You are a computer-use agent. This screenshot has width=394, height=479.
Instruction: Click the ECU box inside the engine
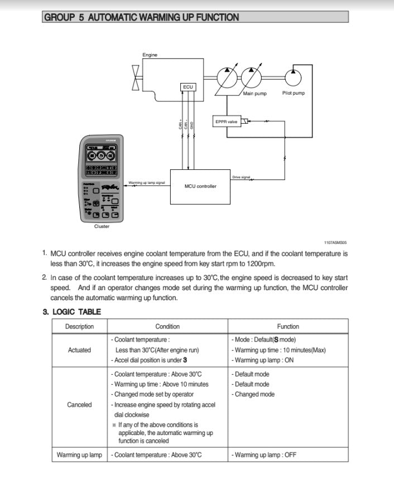click(x=188, y=87)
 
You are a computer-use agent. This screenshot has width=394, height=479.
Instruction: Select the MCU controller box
click(x=200, y=186)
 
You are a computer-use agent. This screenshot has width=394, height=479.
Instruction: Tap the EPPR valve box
click(x=227, y=121)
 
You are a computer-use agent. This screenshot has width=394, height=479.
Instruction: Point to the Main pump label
click(x=255, y=94)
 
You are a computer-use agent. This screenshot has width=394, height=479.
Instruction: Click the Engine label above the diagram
click(x=150, y=55)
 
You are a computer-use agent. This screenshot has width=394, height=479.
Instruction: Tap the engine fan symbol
click(x=136, y=77)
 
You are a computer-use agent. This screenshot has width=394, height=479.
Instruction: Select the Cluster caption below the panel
click(x=102, y=226)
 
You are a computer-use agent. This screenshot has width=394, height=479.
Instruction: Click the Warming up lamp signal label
click(x=146, y=183)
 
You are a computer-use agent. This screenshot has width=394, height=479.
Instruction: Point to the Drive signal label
click(x=241, y=177)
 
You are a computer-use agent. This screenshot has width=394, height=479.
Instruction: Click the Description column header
click(x=79, y=326)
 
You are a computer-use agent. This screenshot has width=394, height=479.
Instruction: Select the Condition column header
click(x=167, y=326)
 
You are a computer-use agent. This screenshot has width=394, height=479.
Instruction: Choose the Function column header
click(x=288, y=326)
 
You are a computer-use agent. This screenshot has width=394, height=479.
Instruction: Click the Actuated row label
click(x=79, y=350)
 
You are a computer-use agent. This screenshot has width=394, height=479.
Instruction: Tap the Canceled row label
click(x=79, y=405)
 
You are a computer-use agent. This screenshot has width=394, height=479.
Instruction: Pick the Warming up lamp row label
click(x=79, y=455)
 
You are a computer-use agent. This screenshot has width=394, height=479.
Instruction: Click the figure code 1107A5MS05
click(x=335, y=243)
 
